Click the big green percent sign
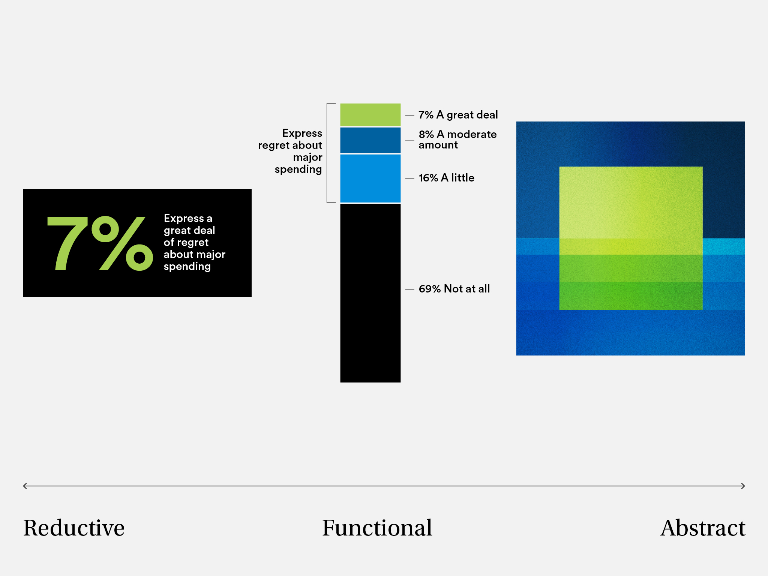pos(122,243)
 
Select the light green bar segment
pos(370,114)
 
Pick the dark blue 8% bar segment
pos(370,140)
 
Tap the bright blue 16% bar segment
pos(370,178)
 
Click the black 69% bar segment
pos(370,292)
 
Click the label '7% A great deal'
pos(458,115)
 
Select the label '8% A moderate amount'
pos(457,139)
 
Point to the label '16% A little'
pos(446,178)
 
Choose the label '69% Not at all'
pos(454,289)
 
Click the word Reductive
pos(74,528)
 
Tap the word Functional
pos(377,528)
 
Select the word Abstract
pos(702,528)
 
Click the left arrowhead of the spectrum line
pos(25,486)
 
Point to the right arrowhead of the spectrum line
pos(743,486)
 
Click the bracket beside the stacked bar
pos(327,153)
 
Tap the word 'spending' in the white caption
pos(187,267)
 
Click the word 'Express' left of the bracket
pos(302,133)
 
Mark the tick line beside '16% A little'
pos(409,178)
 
